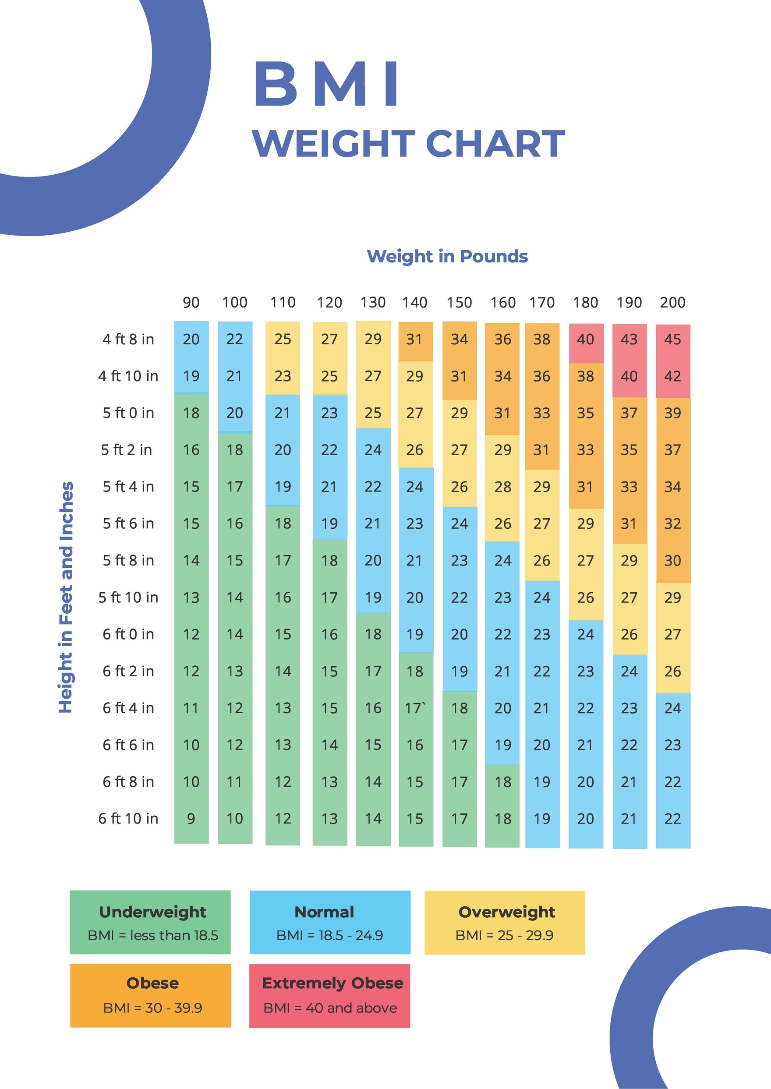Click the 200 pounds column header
point(672,302)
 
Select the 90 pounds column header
point(191,302)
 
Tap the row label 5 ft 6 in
point(128,523)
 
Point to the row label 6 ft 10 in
point(128,818)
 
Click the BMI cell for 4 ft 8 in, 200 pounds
point(672,339)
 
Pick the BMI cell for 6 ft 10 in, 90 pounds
point(191,818)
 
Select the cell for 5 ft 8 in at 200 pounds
point(672,561)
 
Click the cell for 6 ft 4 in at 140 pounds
point(415,708)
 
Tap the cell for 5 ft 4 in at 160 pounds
point(503,487)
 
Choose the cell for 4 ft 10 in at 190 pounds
point(629,376)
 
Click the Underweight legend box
point(150,922)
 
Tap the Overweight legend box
point(504,922)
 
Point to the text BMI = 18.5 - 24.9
point(329,935)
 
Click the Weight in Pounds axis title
point(447,256)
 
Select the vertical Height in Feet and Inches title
point(66,597)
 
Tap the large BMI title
point(327,84)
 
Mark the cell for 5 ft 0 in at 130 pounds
point(373,413)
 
